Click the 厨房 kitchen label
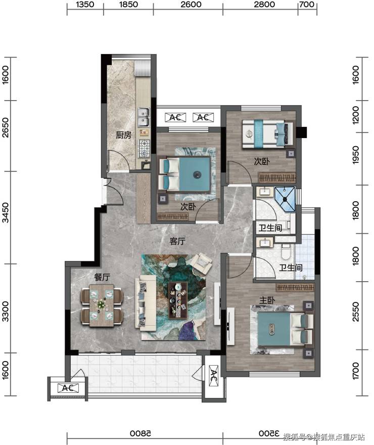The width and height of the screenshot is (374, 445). (123, 135)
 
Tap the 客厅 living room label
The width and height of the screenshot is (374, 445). (177, 241)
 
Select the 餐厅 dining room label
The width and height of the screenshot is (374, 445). (102, 277)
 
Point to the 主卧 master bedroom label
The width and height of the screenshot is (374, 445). (267, 300)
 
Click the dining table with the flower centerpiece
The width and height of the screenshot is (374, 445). (102, 305)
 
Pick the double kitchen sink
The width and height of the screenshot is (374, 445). (144, 117)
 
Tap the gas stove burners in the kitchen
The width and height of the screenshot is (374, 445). (144, 149)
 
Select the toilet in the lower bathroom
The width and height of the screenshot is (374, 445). (285, 251)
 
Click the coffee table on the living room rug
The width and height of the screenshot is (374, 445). (178, 300)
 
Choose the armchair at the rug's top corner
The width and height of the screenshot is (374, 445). (201, 263)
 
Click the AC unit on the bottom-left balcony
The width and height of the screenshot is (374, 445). (68, 388)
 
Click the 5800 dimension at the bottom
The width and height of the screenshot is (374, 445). (141, 434)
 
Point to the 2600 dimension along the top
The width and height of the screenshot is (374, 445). (191, 5)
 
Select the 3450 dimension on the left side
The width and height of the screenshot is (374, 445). (6, 212)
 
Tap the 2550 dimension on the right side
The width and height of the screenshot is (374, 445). (356, 312)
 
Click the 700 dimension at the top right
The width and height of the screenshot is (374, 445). (307, 5)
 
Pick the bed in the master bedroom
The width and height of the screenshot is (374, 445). (282, 329)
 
